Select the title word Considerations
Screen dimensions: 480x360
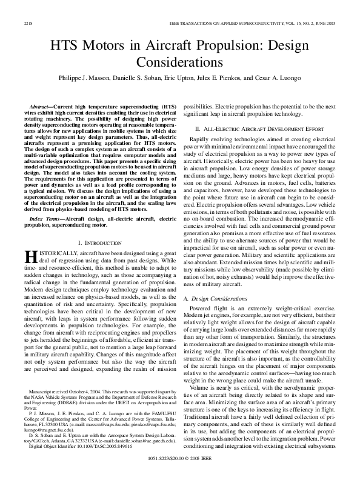pyautogui.click(x=180, y=62)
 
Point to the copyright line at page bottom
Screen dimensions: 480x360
pyautogui.click(x=180, y=470)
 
